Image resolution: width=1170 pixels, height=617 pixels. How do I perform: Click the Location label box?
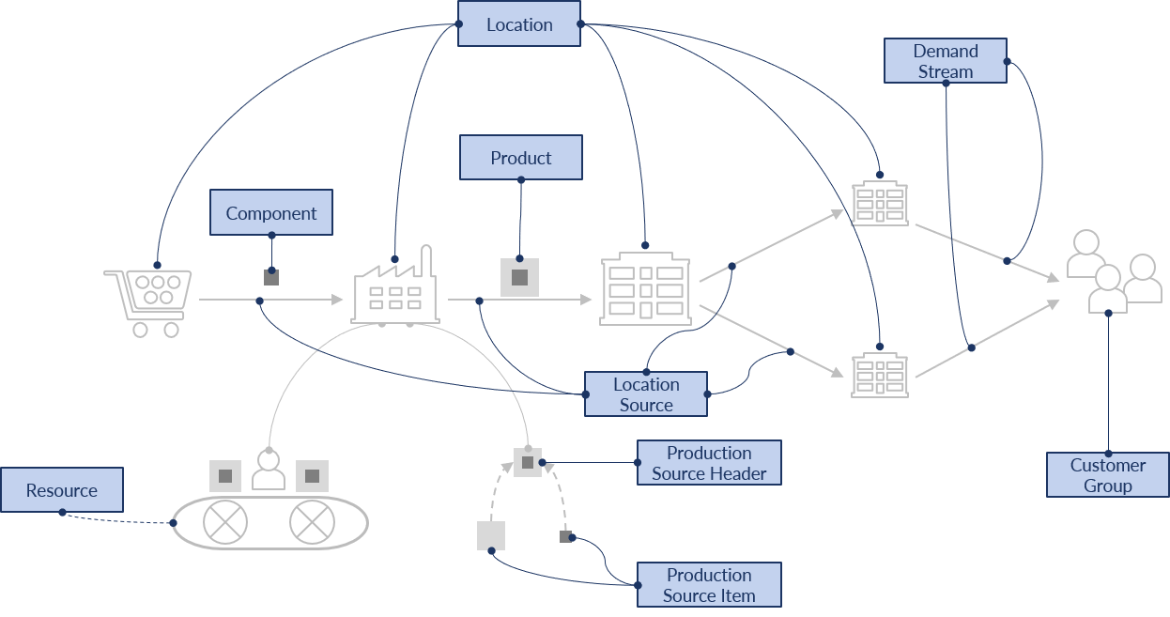[519, 24]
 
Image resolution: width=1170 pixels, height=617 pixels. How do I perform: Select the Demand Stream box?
[945, 61]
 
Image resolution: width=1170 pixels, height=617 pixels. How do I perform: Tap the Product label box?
[520, 158]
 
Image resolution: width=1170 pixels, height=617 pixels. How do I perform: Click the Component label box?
[270, 213]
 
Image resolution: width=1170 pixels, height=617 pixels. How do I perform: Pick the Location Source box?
[645, 394]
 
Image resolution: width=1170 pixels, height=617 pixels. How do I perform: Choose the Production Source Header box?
[709, 463]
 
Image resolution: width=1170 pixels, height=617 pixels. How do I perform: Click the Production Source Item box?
[709, 585]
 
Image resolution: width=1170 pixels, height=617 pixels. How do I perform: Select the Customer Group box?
[1107, 475]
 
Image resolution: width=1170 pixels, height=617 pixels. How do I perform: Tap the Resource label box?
[61, 490]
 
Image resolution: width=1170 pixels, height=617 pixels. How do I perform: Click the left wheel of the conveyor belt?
[224, 522]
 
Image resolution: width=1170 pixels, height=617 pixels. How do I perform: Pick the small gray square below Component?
[271, 277]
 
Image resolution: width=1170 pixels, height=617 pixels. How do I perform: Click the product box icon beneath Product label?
[519, 277]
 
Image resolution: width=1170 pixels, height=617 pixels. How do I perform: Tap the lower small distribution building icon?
[880, 375]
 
